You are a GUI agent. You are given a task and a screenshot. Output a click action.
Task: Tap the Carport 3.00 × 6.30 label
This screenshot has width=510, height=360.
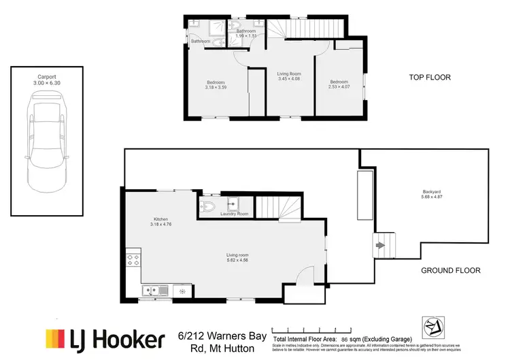click(47, 79)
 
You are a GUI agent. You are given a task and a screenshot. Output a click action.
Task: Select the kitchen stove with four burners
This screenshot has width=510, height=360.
click(133, 259)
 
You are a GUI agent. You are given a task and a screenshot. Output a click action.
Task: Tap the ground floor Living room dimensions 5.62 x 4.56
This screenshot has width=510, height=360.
click(237, 259)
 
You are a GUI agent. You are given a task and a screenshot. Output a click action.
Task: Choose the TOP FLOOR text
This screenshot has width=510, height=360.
click(430, 78)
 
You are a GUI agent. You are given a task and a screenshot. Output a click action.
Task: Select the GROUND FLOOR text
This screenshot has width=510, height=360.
click(450, 270)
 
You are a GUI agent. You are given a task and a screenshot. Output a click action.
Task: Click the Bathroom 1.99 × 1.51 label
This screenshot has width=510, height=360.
click(245, 33)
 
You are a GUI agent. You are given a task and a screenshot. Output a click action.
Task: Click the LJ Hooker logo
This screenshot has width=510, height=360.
click(105, 338)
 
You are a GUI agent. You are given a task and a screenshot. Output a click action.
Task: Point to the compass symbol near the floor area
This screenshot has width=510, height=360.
click(432, 327)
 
